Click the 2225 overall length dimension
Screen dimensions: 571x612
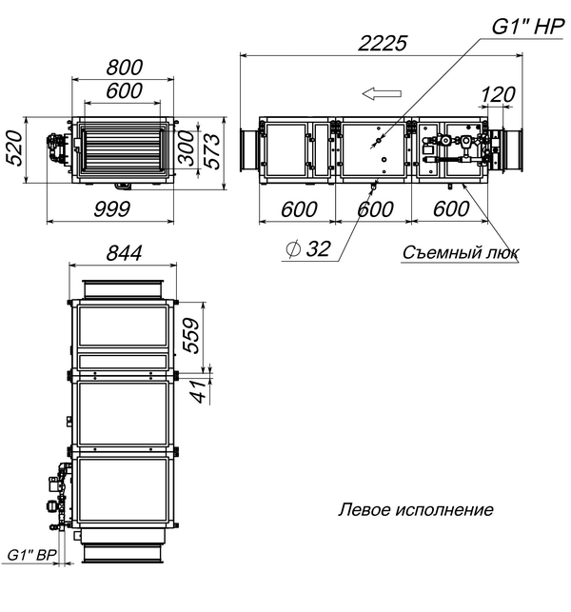[383, 43]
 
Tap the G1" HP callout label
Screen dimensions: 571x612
[527, 27]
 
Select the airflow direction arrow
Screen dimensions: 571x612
[382, 93]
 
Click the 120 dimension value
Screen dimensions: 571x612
[498, 94]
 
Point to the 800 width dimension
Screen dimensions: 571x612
[125, 68]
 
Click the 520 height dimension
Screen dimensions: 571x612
[15, 148]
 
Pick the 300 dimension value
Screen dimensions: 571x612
[187, 148]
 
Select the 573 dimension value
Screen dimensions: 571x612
[213, 150]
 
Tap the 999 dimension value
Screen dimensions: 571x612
[111, 209]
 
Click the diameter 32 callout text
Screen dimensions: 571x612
[308, 248]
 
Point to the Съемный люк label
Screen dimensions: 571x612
[461, 252]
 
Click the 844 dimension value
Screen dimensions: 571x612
[124, 253]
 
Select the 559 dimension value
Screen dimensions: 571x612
[191, 336]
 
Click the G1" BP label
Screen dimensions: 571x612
[32, 555]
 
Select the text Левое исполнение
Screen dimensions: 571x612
[416, 510]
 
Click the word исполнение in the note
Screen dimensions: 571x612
[444, 510]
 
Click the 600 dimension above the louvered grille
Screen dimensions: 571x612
[124, 90]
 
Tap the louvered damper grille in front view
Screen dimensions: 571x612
[122, 149]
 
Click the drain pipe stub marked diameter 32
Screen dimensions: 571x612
[373, 187]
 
